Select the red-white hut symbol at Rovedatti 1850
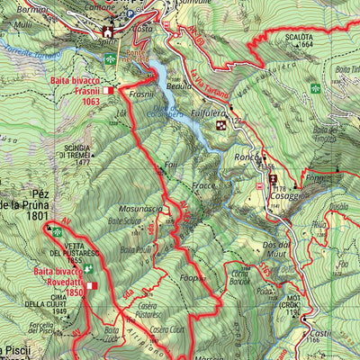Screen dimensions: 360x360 [x=91, y=286]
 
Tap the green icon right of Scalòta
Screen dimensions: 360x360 [x=315, y=89]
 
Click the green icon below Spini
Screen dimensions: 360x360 [x=110, y=58]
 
